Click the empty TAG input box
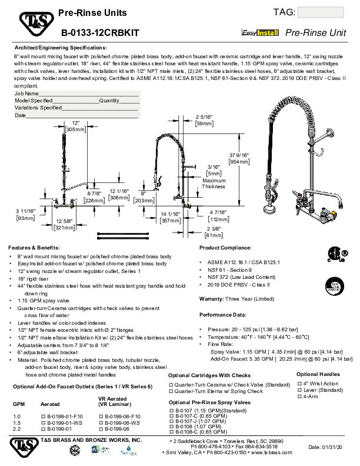pos(321,14)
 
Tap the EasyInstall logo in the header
pos(261,35)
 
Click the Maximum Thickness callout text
pos(214,183)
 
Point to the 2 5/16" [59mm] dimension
pos(204,121)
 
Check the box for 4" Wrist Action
pos(299,383)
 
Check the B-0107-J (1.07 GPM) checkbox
pos(171,421)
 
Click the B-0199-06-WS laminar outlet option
pos(102,422)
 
